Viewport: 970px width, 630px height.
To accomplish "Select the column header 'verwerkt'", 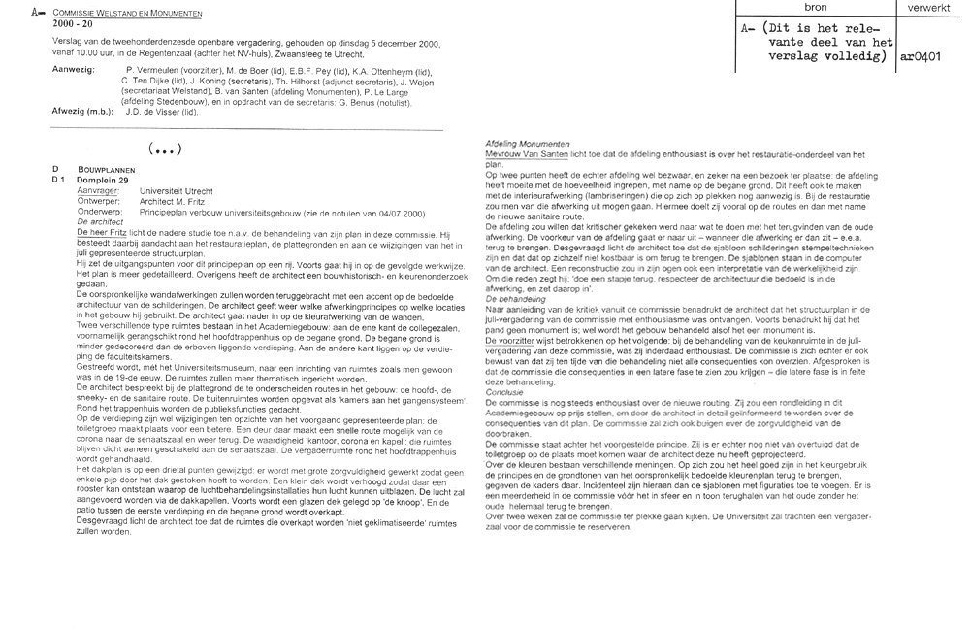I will point(928,6).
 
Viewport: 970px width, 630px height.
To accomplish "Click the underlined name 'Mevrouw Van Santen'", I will point(525,153).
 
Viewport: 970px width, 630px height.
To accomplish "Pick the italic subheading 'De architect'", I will point(101,221).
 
